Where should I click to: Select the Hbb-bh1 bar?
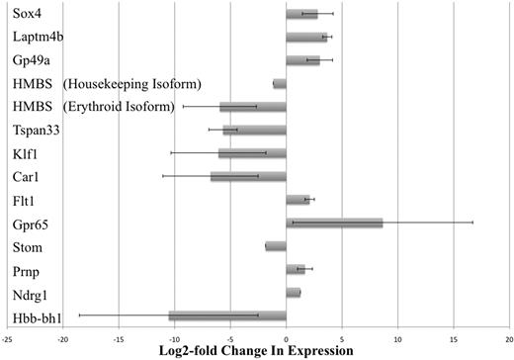point(227,315)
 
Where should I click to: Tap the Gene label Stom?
point(29,246)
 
